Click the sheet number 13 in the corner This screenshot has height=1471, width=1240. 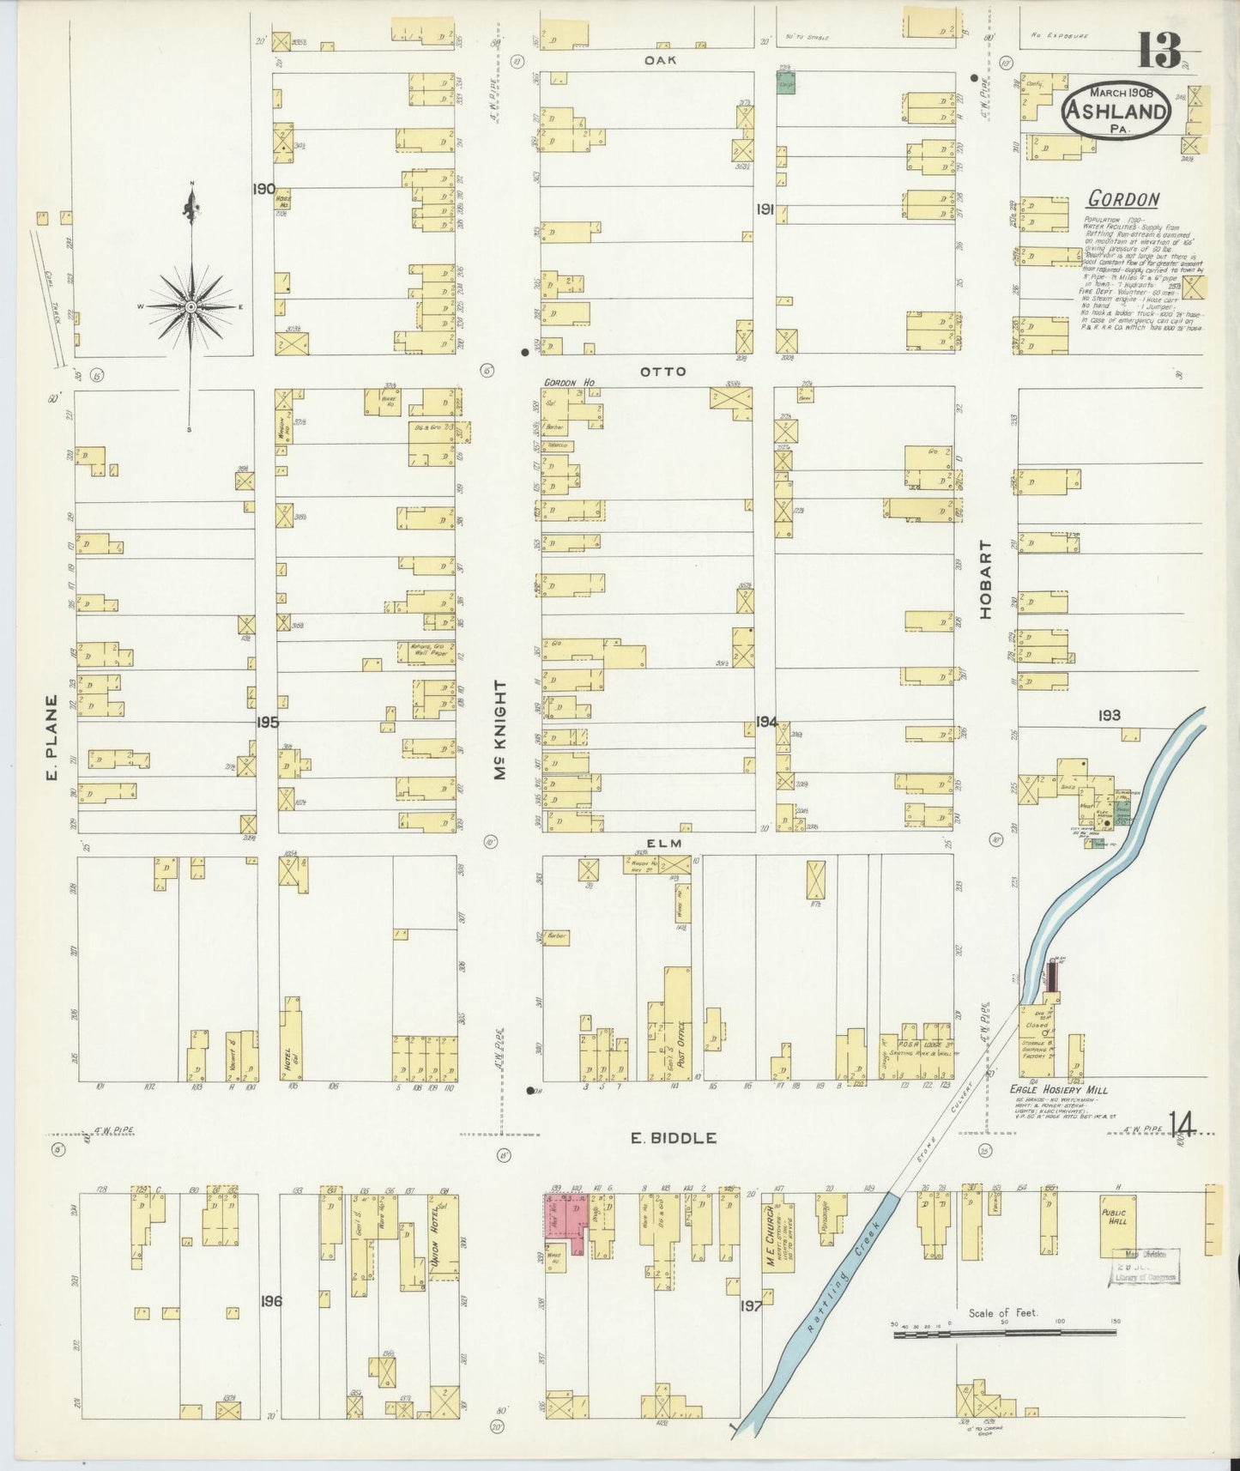click(x=1160, y=50)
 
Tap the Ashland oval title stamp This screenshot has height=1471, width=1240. click(x=1116, y=109)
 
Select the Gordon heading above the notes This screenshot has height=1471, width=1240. click(x=1122, y=199)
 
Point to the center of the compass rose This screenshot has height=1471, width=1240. click(x=191, y=306)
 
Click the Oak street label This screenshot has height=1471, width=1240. click(x=662, y=60)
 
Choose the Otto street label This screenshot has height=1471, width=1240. click(x=662, y=372)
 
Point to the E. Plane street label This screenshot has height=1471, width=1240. click(x=51, y=738)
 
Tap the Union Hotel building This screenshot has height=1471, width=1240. click(x=443, y=1238)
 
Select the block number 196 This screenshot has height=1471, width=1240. click(x=271, y=1302)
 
